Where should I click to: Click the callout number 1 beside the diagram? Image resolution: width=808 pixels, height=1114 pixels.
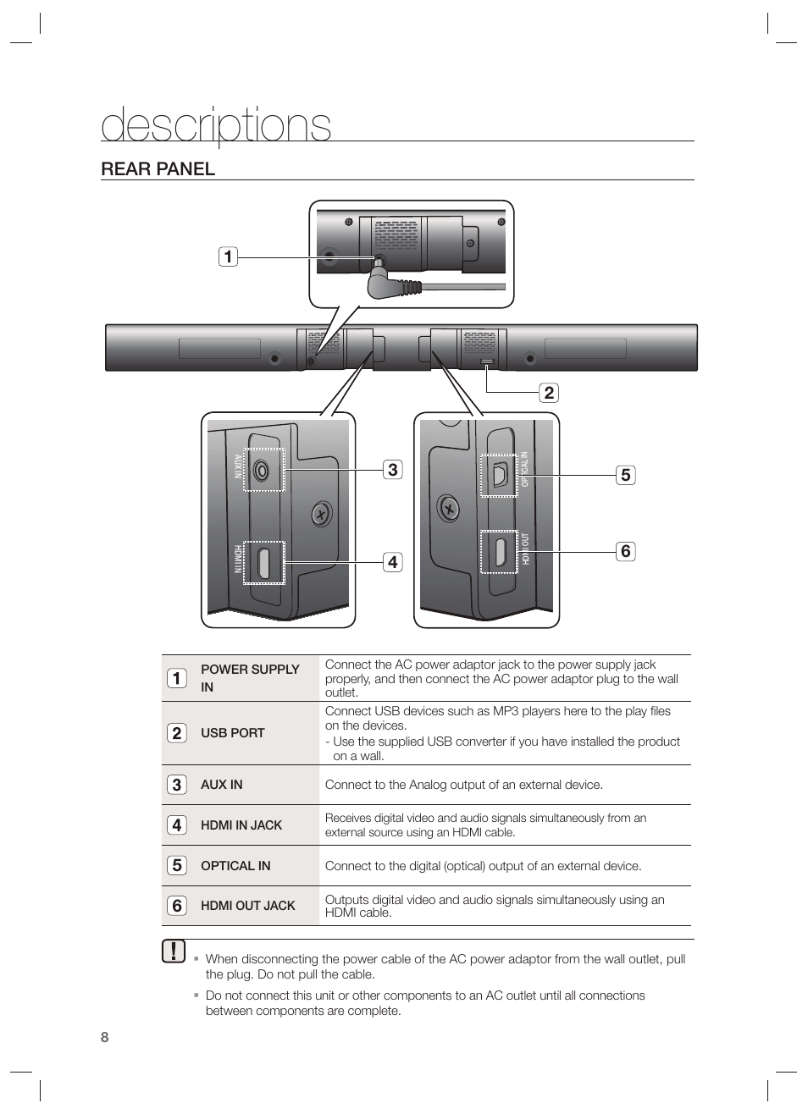(227, 256)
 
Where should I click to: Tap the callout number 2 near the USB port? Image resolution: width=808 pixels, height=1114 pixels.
(549, 392)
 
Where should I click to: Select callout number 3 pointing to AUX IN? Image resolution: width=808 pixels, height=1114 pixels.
(392, 469)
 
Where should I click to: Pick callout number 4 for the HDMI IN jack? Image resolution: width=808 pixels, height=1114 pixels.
(392, 561)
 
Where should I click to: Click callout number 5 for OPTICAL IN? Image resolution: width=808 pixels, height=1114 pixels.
(625, 475)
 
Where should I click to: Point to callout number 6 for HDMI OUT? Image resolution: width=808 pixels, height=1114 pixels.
(625, 551)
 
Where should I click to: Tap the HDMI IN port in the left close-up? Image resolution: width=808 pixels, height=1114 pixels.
(264, 563)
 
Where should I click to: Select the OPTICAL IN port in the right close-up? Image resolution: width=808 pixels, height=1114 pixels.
(499, 475)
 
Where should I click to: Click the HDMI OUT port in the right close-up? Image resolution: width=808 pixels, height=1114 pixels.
(500, 552)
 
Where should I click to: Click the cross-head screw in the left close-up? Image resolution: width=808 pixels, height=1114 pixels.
(320, 514)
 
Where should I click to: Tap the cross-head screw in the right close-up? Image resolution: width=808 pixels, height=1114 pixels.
(449, 509)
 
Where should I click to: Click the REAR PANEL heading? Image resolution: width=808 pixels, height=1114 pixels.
(158, 168)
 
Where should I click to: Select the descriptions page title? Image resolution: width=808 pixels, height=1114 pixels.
(216, 125)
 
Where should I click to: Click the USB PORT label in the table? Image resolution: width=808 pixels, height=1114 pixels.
(232, 733)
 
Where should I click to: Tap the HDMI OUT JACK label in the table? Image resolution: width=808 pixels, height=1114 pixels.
(247, 906)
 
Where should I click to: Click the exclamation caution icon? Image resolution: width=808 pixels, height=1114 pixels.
(173, 951)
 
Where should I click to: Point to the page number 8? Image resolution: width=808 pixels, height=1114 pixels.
(105, 1038)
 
